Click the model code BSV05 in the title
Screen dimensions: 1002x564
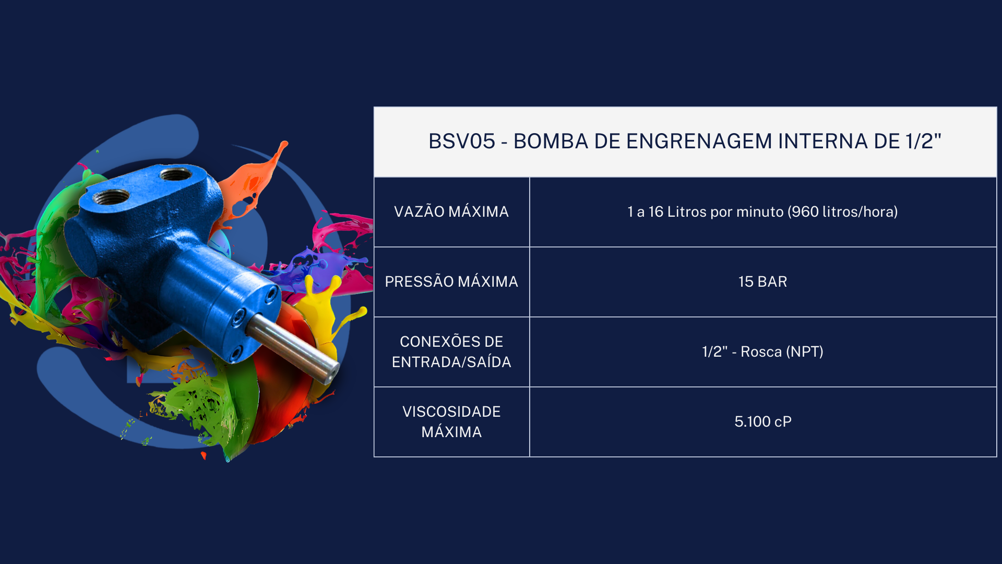point(462,142)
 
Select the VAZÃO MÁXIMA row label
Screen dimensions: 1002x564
point(451,211)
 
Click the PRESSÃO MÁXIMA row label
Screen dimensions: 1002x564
point(451,281)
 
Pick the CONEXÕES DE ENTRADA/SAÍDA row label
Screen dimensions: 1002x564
point(451,351)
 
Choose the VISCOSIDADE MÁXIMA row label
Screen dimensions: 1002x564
point(451,421)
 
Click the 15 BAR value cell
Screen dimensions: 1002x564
point(763,281)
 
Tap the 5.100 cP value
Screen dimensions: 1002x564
point(763,421)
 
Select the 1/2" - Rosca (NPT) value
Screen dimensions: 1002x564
point(763,351)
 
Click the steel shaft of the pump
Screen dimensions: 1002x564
point(292,346)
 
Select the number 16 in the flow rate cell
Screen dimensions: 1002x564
point(655,211)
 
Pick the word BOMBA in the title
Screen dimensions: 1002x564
point(551,142)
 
